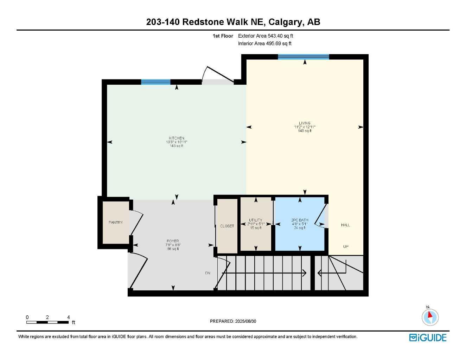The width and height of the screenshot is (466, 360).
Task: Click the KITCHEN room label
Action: tap(176, 138)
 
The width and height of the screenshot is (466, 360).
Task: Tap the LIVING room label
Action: tap(305, 123)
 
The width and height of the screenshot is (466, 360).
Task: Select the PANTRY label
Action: tap(116, 223)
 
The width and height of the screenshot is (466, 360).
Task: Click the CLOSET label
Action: tap(227, 226)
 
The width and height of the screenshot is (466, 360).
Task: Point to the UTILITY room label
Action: tap(256, 220)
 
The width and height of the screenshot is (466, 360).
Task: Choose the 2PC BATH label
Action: tap(300, 220)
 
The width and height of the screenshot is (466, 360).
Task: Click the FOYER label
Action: tap(173, 241)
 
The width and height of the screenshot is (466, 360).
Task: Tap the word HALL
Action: tap(345, 225)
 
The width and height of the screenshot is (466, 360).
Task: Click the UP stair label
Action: tap(346, 247)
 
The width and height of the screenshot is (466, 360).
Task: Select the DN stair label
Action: tap(208, 273)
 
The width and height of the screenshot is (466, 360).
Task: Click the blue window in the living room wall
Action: tap(303, 57)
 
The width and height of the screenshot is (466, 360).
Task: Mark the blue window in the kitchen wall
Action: tap(156, 82)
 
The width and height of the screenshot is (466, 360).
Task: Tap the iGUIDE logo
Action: tap(428, 338)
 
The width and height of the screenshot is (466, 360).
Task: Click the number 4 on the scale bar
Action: tap(69, 317)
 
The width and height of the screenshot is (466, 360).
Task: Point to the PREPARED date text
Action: tap(233, 321)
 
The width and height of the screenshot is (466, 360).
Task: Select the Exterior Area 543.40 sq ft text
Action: tap(266, 36)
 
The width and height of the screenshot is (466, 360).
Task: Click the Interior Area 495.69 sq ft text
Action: tap(265, 44)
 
